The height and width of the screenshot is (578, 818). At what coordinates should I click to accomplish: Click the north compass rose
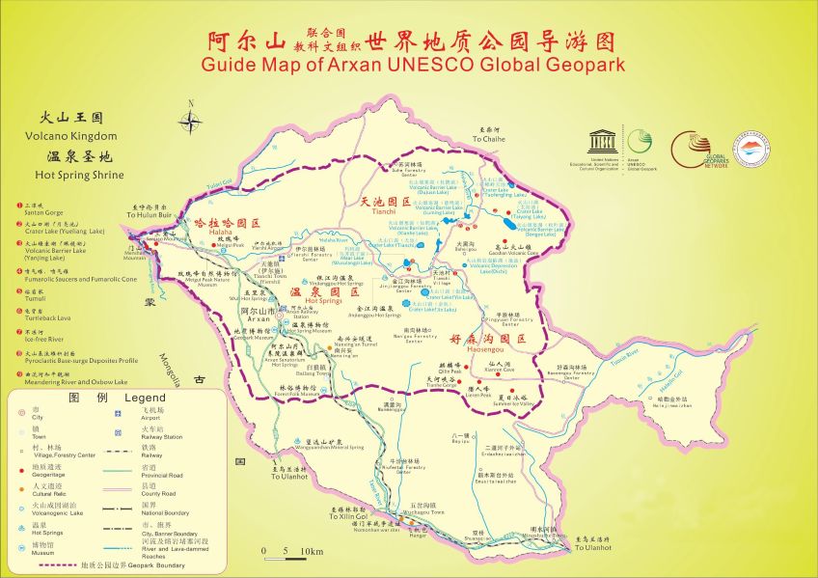coord(191,120)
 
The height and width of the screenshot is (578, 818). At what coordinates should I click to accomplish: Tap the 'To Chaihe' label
coord(488,139)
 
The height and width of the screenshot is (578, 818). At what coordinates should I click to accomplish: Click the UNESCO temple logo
coord(605,143)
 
